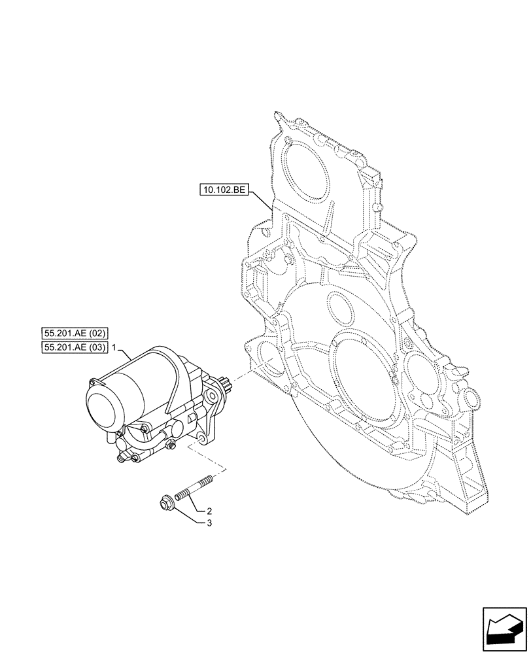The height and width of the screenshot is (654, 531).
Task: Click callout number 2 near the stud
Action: (209, 511)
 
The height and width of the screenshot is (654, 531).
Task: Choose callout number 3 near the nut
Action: (209, 523)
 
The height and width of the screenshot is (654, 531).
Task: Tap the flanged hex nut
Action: (165, 504)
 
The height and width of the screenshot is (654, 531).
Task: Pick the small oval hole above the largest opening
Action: (337, 306)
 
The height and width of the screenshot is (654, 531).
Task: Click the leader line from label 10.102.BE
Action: (261, 199)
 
